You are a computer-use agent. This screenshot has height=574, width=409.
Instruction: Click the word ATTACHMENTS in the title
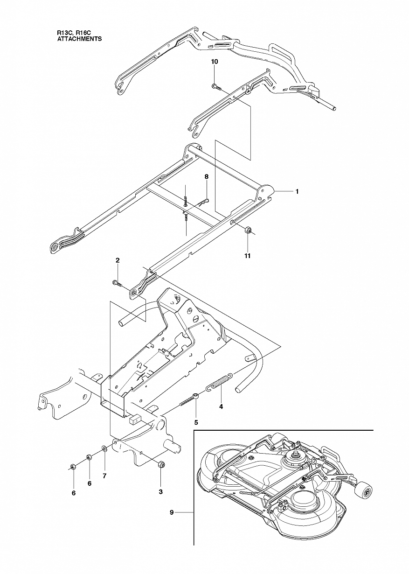(x=79, y=40)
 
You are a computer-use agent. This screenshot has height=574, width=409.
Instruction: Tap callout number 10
(x=214, y=62)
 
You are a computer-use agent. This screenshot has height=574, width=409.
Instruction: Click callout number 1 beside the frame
(x=297, y=191)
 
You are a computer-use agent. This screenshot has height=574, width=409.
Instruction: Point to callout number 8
(x=206, y=177)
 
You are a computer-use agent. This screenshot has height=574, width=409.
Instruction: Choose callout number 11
(x=248, y=256)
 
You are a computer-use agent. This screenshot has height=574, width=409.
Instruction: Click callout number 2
(x=118, y=260)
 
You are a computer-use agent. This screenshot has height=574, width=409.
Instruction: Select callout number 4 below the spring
(x=221, y=406)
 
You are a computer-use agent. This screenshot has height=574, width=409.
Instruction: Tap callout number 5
(x=196, y=422)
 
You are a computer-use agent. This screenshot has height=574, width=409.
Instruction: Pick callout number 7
(x=104, y=476)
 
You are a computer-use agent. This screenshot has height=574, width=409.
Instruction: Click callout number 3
(x=161, y=491)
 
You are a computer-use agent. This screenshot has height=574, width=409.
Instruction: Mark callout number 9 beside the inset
(x=172, y=513)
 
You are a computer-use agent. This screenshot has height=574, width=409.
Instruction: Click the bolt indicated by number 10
(x=215, y=86)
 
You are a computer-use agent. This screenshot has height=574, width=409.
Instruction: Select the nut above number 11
(x=248, y=230)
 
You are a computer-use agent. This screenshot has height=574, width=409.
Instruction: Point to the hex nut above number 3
(x=160, y=464)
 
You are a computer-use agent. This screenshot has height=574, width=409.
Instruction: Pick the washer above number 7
(x=105, y=449)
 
